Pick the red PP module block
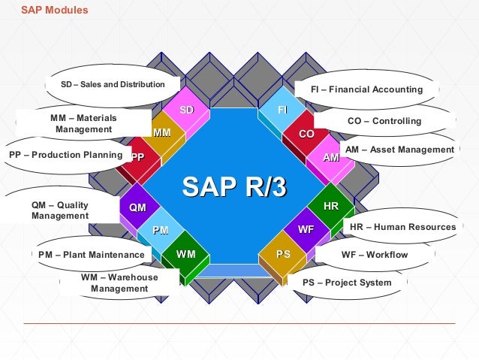coord(137,157)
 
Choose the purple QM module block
coord(137,207)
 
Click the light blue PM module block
coord(160,230)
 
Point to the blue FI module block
coord(283,110)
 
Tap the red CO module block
coord(306,134)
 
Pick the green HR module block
coord(330,206)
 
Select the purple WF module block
coord(306,230)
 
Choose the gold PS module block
coord(283,254)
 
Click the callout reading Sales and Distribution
coord(113,84)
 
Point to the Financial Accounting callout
coord(366,89)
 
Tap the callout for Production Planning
coord(65,156)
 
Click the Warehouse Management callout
coord(119,283)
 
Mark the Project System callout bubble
coord(347,283)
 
